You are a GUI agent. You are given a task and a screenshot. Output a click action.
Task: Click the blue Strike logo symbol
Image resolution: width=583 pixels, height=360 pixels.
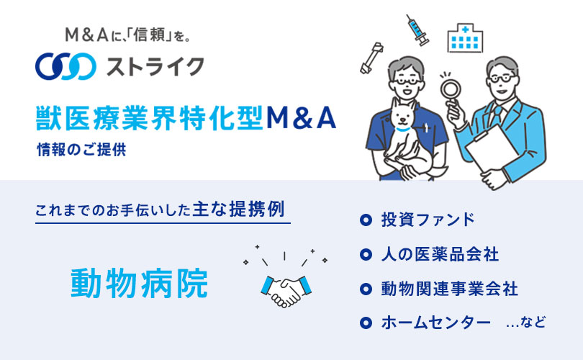click(x=65, y=66)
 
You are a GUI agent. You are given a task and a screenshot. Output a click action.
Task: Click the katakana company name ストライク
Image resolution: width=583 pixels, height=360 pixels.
click(x=155, y=67)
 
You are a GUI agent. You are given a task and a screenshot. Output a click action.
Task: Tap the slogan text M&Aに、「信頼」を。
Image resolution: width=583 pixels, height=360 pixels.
click(x=128, y=35)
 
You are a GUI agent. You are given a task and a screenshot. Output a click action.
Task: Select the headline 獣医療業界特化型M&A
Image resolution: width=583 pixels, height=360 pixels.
click(x=186, y=118)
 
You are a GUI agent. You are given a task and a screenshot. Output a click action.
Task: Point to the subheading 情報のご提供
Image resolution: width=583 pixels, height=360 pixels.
click(x=81, y=150)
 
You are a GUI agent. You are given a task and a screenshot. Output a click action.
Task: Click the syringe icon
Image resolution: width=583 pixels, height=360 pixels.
click(x=417, y=30)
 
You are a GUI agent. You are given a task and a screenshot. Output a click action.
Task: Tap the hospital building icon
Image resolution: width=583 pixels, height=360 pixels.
click(x=465, y=37)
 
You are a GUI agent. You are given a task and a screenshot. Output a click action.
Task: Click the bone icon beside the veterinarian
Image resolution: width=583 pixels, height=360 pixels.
click(x=371, y=58)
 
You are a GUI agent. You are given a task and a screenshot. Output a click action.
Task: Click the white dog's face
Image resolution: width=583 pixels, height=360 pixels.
click(x=402, y=116)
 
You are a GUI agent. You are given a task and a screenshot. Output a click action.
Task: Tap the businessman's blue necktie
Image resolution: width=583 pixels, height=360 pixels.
click(x=496, y=114)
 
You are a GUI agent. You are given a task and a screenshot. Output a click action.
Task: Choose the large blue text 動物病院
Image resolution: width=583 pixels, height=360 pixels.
click(x=139, y=284)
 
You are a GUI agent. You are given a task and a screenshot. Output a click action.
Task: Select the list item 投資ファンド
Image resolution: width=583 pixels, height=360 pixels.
click(x=428, y=220)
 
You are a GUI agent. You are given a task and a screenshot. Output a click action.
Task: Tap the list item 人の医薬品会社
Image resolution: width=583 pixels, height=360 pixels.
click(x=440, y=254)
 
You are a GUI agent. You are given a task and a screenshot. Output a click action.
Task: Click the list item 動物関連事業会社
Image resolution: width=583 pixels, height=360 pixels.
click(x=450, y=289)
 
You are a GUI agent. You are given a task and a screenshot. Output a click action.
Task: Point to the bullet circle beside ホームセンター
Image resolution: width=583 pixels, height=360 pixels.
click(x=366, y=323)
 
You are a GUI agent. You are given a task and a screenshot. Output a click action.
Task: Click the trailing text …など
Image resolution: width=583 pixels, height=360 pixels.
click(x=525, y=322)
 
